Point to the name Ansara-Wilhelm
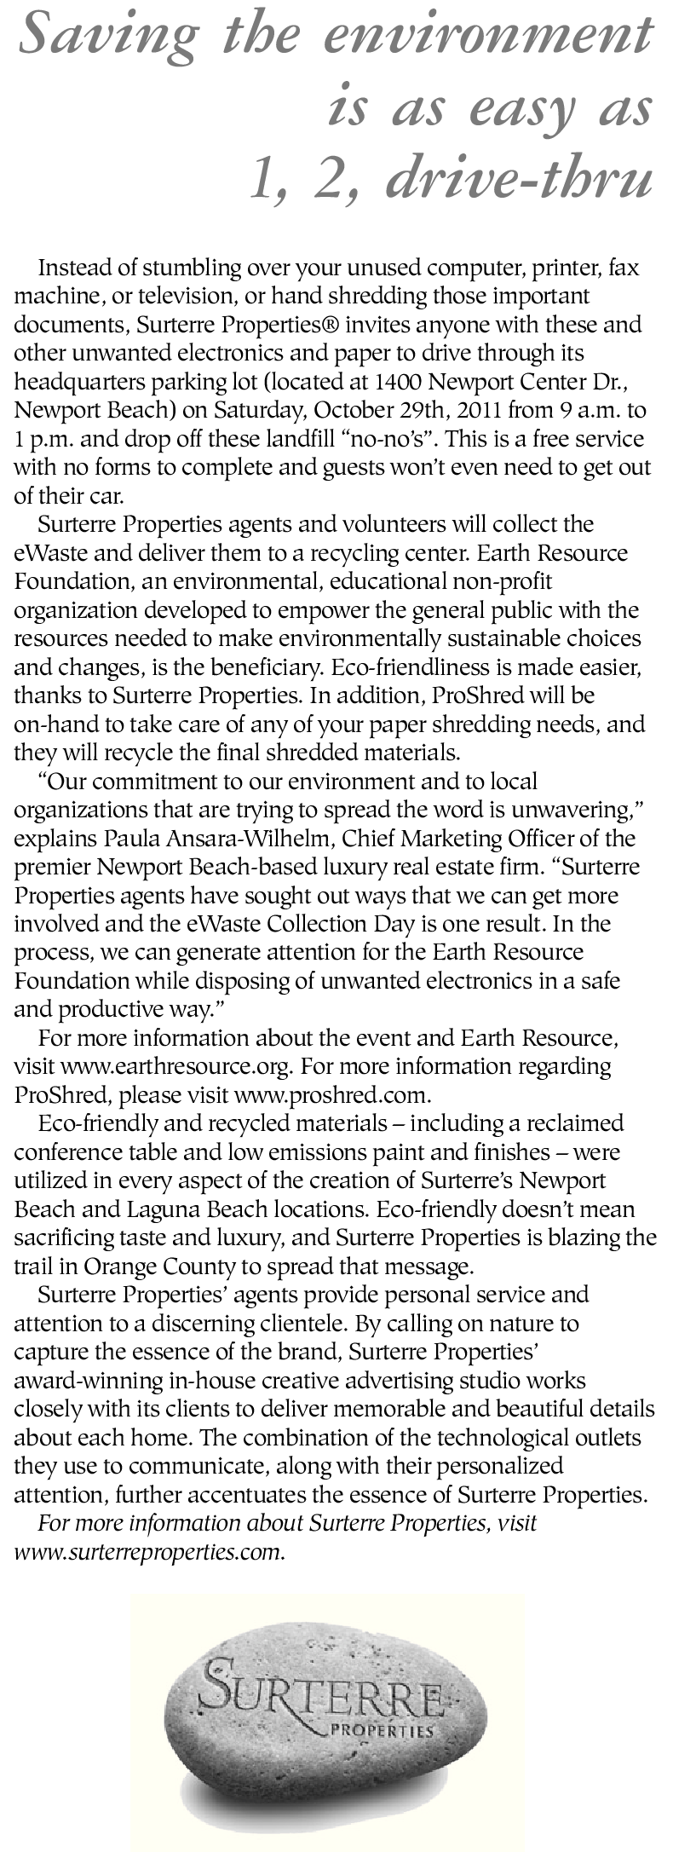click(231, 838)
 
